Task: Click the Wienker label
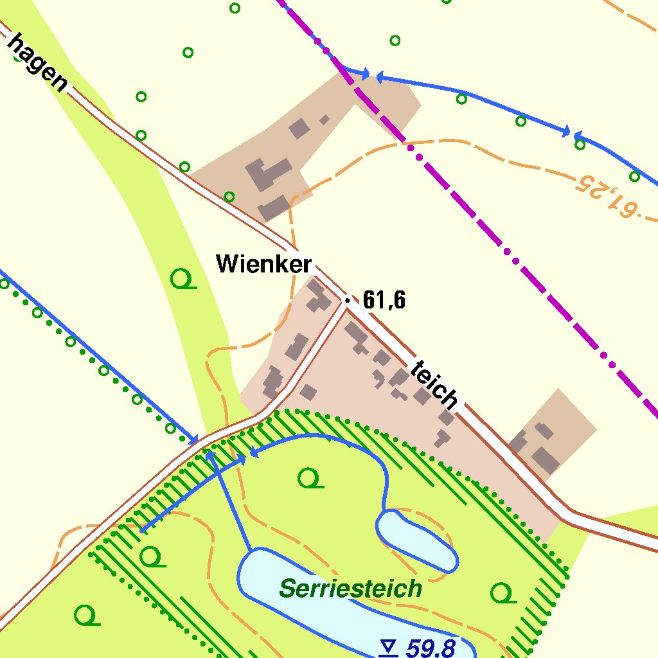pos(263,263)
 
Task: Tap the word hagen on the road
pos(37,62)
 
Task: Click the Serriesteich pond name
pos(351,588)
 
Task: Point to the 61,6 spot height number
pos(384,300)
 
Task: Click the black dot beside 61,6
pos(348,300)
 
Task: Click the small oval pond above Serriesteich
pos(416,538)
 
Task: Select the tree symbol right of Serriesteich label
pos(502,593)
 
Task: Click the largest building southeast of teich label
pos(545,460)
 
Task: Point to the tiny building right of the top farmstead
pos(325,119)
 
